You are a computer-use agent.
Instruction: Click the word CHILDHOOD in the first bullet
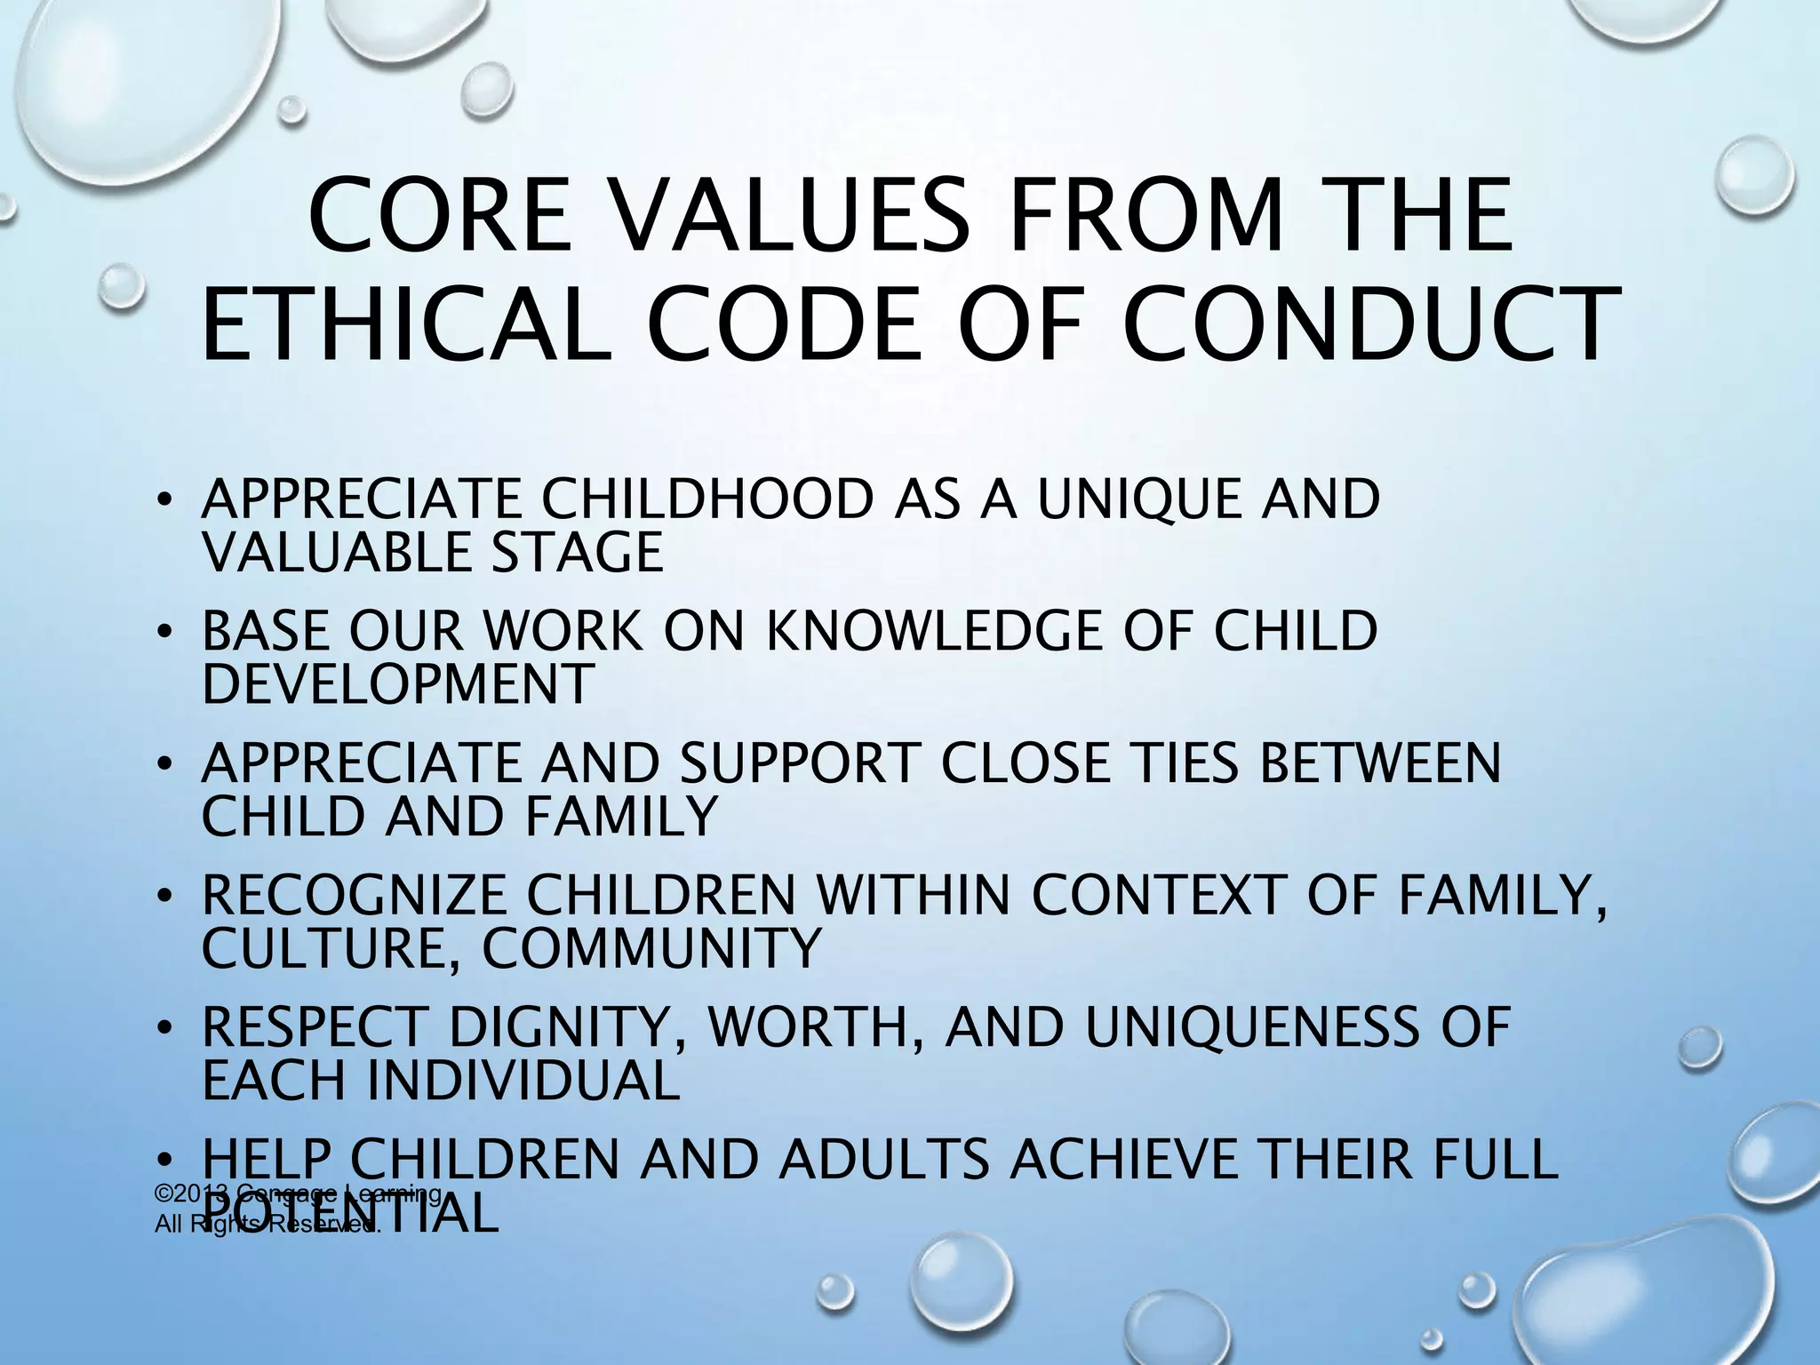tap(707, 499)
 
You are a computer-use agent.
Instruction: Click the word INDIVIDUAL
tap(523, 1080)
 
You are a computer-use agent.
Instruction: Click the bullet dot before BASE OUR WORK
tap(164, 633)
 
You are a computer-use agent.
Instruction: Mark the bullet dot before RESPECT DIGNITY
tap(164, 1029)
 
